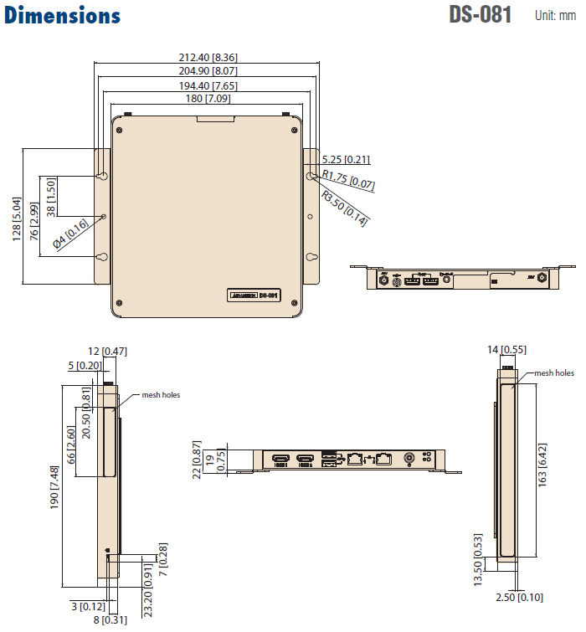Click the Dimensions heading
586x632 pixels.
click(63, 16)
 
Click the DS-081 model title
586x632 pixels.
click(480, 16)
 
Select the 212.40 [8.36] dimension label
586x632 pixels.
click(208, 57)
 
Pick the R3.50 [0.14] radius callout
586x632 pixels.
click(345, 207)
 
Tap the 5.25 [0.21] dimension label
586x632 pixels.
click(346, 159)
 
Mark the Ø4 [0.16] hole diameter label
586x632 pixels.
click(70, 234)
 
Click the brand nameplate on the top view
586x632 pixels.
click(254, 295)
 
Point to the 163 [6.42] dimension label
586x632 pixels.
click(542, 465)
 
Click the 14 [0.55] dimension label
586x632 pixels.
click(507, 350)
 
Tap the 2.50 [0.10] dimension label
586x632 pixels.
click(520, 597)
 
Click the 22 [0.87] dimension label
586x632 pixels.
click(197, 460)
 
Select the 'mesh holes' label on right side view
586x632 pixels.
click(554, 373)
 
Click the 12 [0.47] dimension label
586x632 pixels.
click(108, 352)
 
